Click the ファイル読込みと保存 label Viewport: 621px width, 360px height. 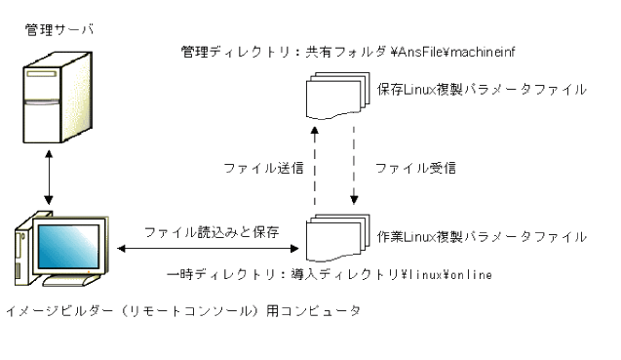click(x=213, y=233)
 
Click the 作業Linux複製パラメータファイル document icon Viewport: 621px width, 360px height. click(x=336, y=238)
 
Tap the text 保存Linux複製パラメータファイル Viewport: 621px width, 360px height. click(x=483, y=91)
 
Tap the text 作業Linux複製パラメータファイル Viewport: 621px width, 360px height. click(x=483, y=236)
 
